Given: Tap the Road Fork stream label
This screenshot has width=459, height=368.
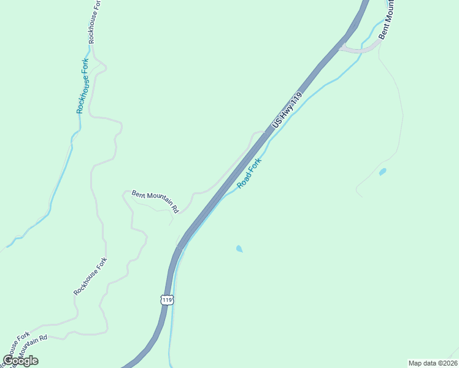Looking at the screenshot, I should coord(250,172).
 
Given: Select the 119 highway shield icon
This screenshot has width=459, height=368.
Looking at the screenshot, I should coord(168,299).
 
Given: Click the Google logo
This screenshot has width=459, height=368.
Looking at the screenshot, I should coord(20,361).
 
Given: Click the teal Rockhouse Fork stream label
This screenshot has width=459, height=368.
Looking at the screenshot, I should coord(83,86).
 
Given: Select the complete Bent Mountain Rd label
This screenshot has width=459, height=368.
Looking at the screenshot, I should coord(155,201).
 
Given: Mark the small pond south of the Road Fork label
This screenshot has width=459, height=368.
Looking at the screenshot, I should coord(239,248).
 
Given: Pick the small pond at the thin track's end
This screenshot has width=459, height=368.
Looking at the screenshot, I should coord(383,172).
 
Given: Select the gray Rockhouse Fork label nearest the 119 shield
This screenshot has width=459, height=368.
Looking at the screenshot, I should coord(90,276).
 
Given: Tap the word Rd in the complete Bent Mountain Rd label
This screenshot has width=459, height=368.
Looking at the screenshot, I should coord(174,209).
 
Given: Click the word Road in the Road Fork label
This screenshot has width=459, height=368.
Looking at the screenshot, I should coord(244,180).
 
